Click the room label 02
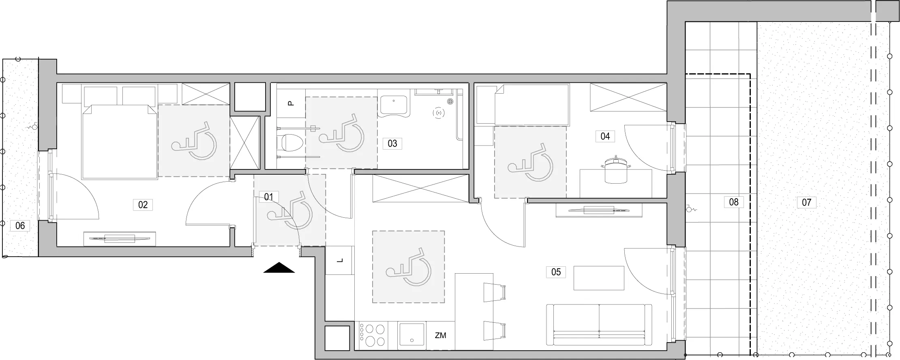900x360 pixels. pos(143,205)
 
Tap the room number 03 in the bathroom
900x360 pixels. pos(392,143)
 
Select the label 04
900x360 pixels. pos(605,136)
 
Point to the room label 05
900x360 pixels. pos(556,272)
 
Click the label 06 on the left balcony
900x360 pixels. pos(20,225)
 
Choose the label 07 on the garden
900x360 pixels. pos(806,202)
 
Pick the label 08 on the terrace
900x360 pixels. pos(734,202)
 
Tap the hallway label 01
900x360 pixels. pos(268,197)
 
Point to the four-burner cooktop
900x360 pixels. pos(373,335)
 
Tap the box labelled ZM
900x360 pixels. pos(440,336)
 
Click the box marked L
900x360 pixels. pos(340,260)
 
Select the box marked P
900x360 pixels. pos(291,103)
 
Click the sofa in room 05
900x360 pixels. pos(599,325)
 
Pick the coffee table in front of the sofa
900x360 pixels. pos(599,278)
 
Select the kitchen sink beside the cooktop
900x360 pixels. pos(412,335)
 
